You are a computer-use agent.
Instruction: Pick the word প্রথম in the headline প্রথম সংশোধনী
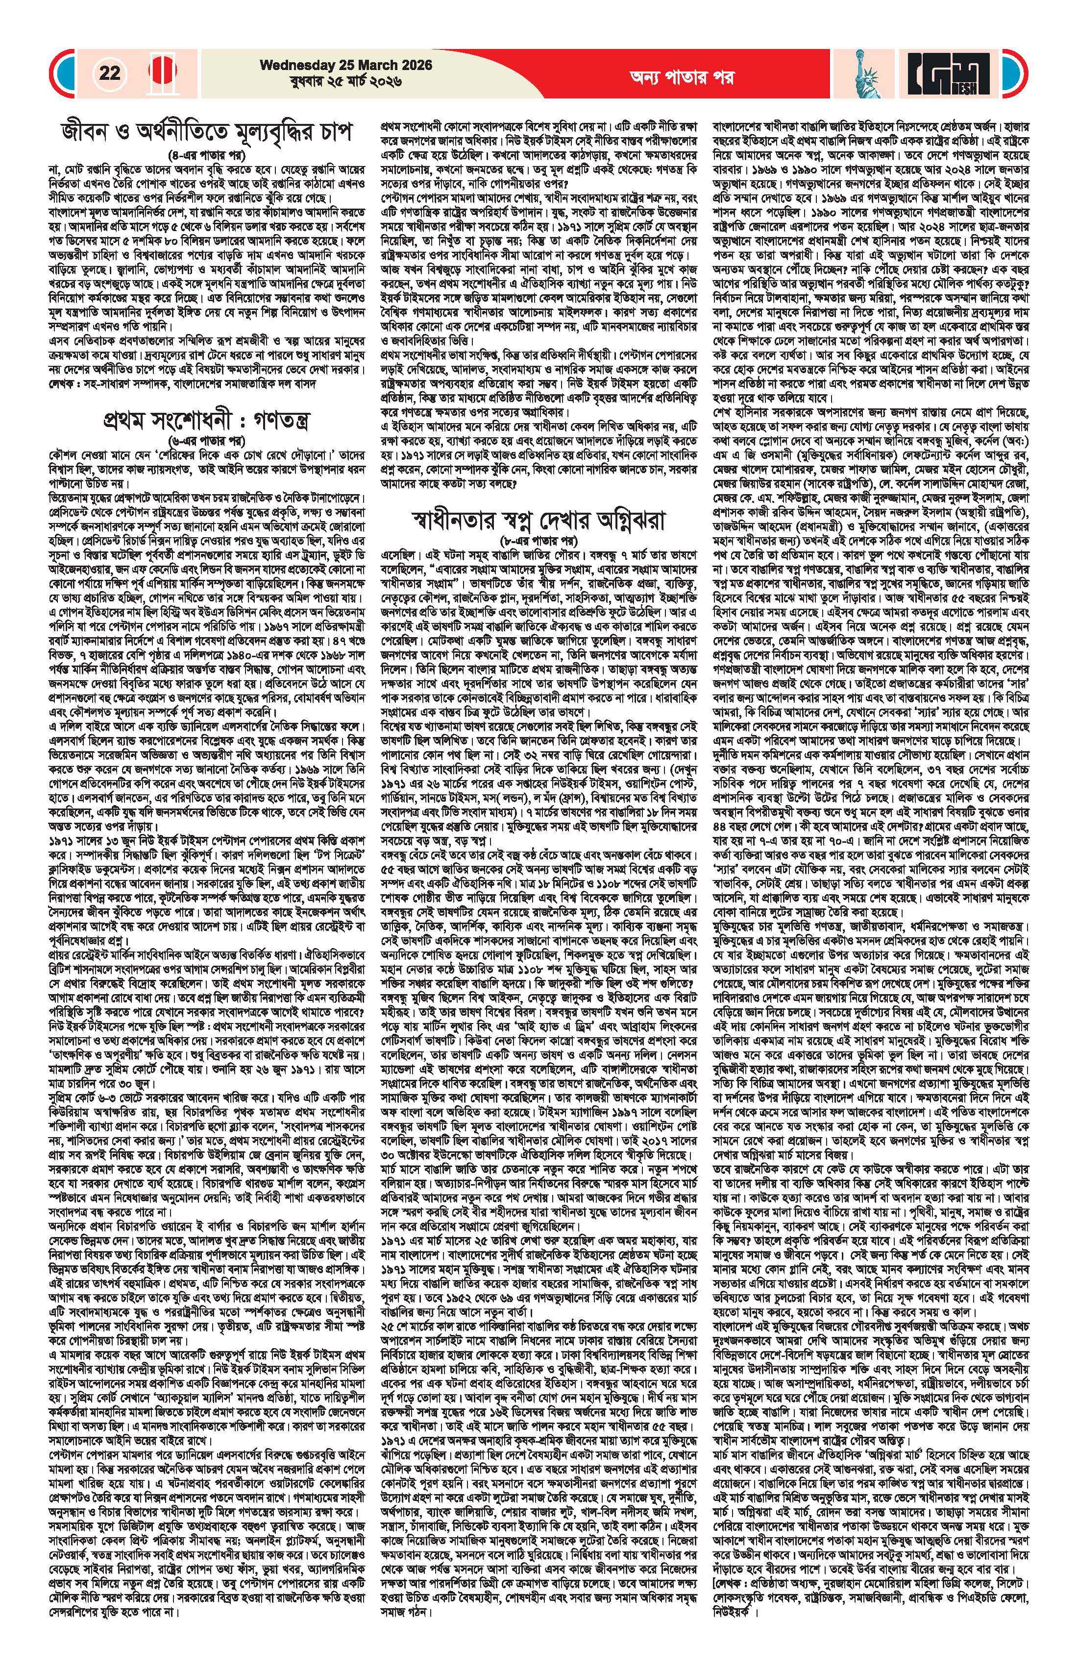tap(127, 421)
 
